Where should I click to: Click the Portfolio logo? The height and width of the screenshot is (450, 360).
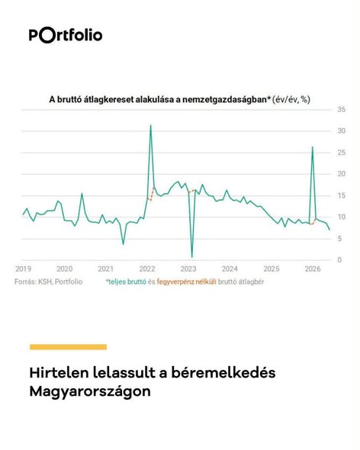tap(66, 35)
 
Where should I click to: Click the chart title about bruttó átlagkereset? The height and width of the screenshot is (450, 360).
tap(180, 99)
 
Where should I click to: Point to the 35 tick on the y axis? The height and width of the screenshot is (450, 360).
tap(342, 109)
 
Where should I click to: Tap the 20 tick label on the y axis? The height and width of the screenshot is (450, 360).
tap(342, 174)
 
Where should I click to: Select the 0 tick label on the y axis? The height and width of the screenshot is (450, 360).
tap(339, 260)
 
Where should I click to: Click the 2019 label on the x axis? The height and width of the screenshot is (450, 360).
tap(23, 269)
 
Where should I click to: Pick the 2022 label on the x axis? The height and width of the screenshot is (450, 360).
tap(147, 269)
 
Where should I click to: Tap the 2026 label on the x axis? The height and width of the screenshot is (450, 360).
tap(313, 269)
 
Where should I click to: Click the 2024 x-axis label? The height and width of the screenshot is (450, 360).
tap(230, 269)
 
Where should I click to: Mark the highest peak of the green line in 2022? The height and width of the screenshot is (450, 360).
tap(151, 125)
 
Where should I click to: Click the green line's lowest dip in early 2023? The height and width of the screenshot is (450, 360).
tap(191, 257)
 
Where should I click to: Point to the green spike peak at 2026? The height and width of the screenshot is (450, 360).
tap(313, 147)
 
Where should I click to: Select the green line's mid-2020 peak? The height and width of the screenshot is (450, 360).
tap(82, 194)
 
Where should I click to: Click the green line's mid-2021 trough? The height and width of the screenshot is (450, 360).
tap(123, 244)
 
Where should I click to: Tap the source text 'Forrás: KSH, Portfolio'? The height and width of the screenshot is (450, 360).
tap(49, 282)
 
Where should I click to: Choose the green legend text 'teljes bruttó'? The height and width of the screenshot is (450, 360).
tap(127, 282)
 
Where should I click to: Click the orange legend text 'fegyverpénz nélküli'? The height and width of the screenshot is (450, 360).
tap(187, 282)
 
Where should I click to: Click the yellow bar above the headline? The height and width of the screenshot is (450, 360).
tap(68, 347)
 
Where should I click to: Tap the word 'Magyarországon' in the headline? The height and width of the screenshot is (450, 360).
tap(90, 391)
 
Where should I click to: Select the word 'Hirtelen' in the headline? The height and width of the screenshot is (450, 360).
tap(59, 373)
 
